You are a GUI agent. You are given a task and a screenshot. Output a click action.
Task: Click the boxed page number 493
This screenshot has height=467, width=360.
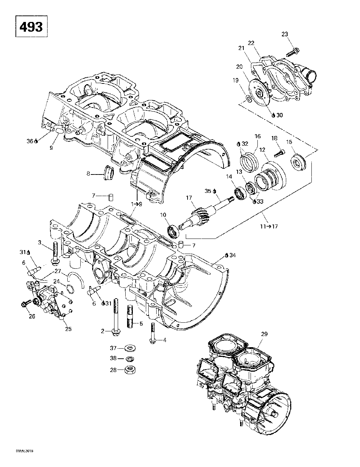pyautogui.click(x=31, y=27)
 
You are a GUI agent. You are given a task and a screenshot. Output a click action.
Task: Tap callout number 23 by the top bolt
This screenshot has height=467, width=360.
pyautogui.click(x=284, y=34)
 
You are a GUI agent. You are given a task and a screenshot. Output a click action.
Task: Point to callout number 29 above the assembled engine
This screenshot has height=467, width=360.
pyautogui.click(x=264, y=334)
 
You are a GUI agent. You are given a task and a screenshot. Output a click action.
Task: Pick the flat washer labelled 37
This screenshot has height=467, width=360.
pyautogui.click(x=128, y=348)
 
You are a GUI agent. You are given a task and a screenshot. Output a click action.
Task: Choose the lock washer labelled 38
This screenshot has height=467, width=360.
pyautogui.click(x=128, y=359)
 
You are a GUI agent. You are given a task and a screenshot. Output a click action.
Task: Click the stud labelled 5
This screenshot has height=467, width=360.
pyautogui.click(x=131, y=317)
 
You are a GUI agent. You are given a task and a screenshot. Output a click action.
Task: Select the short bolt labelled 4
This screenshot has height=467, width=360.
pyautogui.click(x=153, y=331)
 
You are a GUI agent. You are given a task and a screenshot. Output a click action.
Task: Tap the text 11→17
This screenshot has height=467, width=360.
pyautogui.click(x=270, y=226)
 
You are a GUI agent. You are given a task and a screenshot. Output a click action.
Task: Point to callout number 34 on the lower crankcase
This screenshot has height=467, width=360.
pyautogui.click(x=233, y=255)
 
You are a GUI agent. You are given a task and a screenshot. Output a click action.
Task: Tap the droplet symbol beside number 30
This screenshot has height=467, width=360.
pyautogui.click(x=274, y=115)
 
